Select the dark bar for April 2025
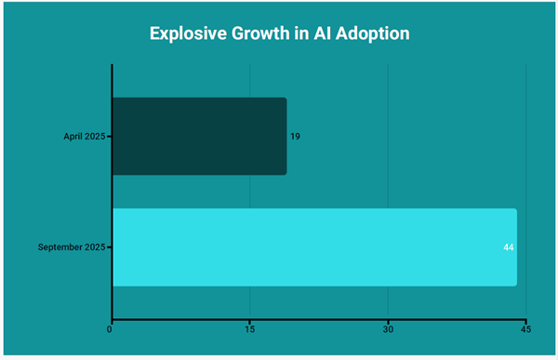(x=198, y=136)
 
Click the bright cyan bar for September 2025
(x=313, y=247)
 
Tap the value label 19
(x=295, y=137)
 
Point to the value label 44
(x=509, y=247)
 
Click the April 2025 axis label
(x=82, y=137)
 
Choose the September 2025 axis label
(x=72, y=247)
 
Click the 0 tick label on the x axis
(x=112, y=329)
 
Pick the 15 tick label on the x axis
(x=249, y=329)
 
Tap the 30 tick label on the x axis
(x=388, y=329)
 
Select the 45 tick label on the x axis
(x=525, y=329)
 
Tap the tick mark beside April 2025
(x=109, y=137)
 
